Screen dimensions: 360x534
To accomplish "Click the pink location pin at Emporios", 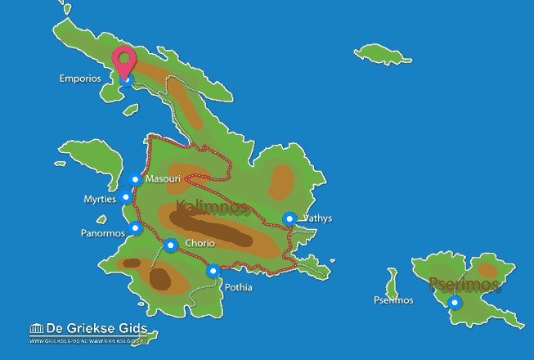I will tap(124, 61).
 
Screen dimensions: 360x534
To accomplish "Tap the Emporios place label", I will tap(79, 79).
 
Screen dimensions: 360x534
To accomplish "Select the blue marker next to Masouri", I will tap(136, 179).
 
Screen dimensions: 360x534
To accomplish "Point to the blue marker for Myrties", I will tap(125, 196).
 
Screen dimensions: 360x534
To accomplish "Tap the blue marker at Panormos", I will tap(135, 227).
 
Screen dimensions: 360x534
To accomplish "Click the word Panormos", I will tap(103, 232).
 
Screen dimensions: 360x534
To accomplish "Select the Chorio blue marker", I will tap(171, 244).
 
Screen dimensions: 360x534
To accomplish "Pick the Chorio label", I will tap(200, 244).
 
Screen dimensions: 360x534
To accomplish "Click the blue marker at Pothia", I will tap(213, 271).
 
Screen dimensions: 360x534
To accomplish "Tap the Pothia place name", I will tap(239, 287).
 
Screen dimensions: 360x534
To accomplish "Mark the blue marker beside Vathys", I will tap(289, 218).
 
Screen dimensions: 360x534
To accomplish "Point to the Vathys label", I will tap(317, 218).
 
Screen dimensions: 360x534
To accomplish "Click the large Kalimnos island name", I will tap(211, 206).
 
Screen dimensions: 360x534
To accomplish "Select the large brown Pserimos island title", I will tap(464, 284).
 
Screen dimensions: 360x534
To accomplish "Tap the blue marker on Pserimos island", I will tap(455, 302).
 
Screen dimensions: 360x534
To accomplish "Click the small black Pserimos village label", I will tap(393, 300).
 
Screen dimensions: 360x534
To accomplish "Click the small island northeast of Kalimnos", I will tap(382, 54).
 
